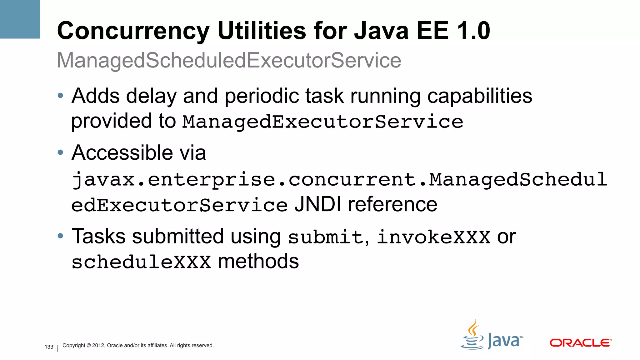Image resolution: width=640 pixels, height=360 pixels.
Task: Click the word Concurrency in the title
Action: tap(133, 31)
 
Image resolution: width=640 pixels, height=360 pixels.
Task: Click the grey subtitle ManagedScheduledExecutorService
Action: tap(229, 60)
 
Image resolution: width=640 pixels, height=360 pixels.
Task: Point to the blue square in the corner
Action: tap(20, 19)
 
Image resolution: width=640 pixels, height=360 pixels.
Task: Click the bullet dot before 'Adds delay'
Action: tap(61, 96)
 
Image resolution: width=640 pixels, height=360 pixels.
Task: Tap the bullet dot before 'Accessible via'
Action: tap(61, 153)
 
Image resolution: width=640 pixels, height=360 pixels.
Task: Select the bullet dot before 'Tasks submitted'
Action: tap(61, 236)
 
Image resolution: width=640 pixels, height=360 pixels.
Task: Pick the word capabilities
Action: tap(479, 96)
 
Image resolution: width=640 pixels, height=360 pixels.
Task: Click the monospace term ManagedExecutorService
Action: tap(322, 122)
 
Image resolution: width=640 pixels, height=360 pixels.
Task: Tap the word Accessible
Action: tap(122, 153)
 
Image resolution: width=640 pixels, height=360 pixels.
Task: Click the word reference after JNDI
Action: tap(392, 205)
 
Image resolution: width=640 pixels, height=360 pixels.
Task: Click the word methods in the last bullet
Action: tap(258, 261)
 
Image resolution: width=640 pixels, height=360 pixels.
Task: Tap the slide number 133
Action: tap(49, 347)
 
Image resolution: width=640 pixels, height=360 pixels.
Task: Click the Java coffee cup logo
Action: tap(472, 336)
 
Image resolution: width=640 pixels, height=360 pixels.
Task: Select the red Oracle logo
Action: tap(580, 343)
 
